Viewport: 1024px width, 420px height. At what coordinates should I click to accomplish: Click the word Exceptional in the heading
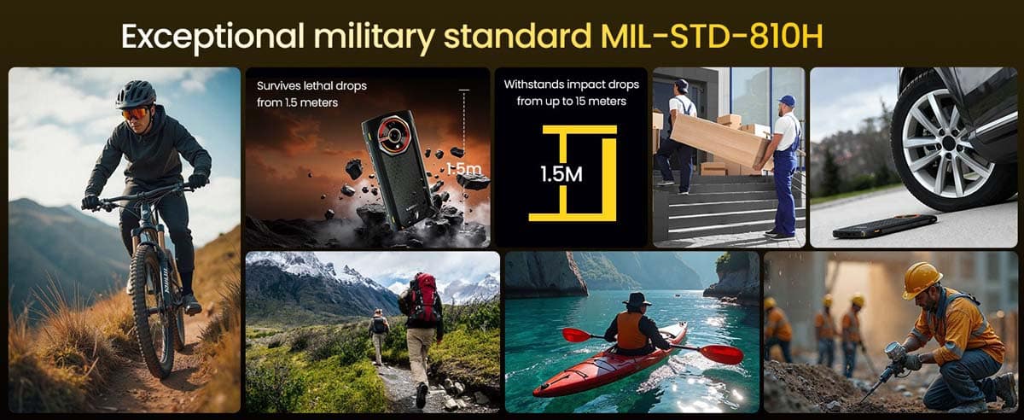click(x=212, y=36)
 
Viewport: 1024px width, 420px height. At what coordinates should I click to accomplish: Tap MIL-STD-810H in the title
click(x=712, y=35)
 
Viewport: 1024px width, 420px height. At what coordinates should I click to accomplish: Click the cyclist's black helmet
click(x=136, y=94)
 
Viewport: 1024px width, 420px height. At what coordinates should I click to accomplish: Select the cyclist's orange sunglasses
click(x=135, y=113)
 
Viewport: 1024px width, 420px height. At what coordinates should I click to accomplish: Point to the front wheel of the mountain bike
click(x=152, y=311)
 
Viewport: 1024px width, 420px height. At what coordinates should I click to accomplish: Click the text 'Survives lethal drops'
click(x=311, y=86)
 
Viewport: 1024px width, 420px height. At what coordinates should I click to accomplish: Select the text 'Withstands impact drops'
click(x=572, y=85)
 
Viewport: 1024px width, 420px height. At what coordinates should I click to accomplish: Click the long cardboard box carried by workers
click(x=719, y=139)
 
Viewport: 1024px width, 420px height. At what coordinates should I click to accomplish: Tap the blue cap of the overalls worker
click(x=787, y=100)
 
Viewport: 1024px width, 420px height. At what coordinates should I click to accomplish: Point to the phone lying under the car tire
click(x=885, y=225)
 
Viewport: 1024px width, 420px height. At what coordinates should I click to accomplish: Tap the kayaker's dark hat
click(x=637, y=300)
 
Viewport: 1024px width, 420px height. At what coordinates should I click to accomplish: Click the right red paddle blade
click(x=720, y=353)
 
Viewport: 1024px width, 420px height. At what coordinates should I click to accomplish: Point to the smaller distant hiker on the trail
click(x=379, y=335)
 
